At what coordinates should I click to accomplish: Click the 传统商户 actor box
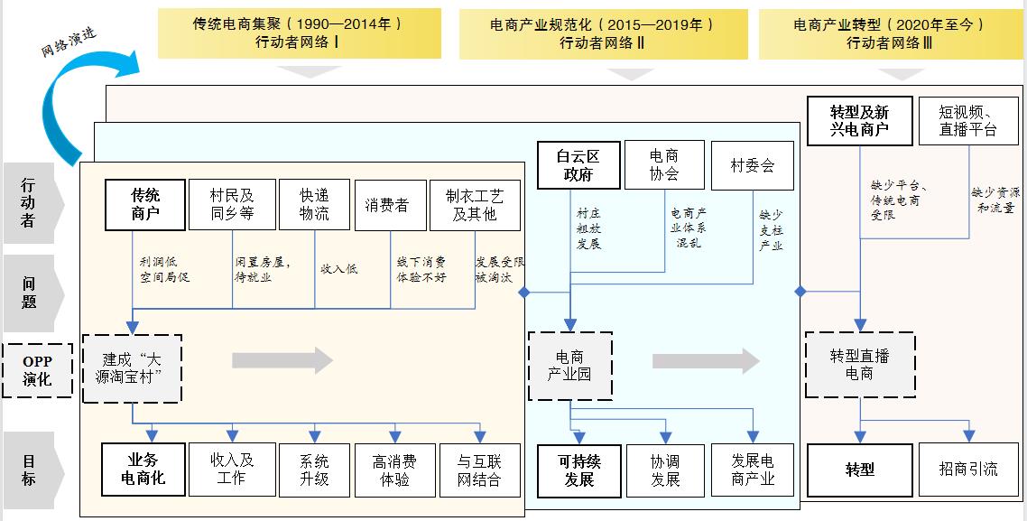pos(145,205)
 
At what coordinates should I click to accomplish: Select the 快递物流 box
pos(314,205)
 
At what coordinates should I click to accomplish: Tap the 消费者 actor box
pos(391,205)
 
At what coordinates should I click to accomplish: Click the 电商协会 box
pos(665,165)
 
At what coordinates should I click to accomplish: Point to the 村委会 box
pos(753,165)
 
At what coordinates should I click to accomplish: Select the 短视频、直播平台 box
pos(968,121)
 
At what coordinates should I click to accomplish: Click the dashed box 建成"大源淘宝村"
pos(133,368)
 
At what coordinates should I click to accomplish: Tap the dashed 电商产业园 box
pos(569,366)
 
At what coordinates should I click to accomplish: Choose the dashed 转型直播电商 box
pos(860,365)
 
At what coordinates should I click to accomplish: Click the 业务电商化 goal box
pos(143,470)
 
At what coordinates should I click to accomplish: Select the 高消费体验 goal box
pos(395,470)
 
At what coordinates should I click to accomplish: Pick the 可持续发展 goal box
pos(579,470)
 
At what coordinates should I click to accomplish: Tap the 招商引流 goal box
pos(968,470)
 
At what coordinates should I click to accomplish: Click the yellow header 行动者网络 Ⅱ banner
pos(603,34)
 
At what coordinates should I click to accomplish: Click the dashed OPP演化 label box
pos(37,370)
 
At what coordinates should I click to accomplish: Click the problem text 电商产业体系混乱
pos(688,228)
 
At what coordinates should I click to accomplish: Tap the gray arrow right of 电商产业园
pos(706,361)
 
